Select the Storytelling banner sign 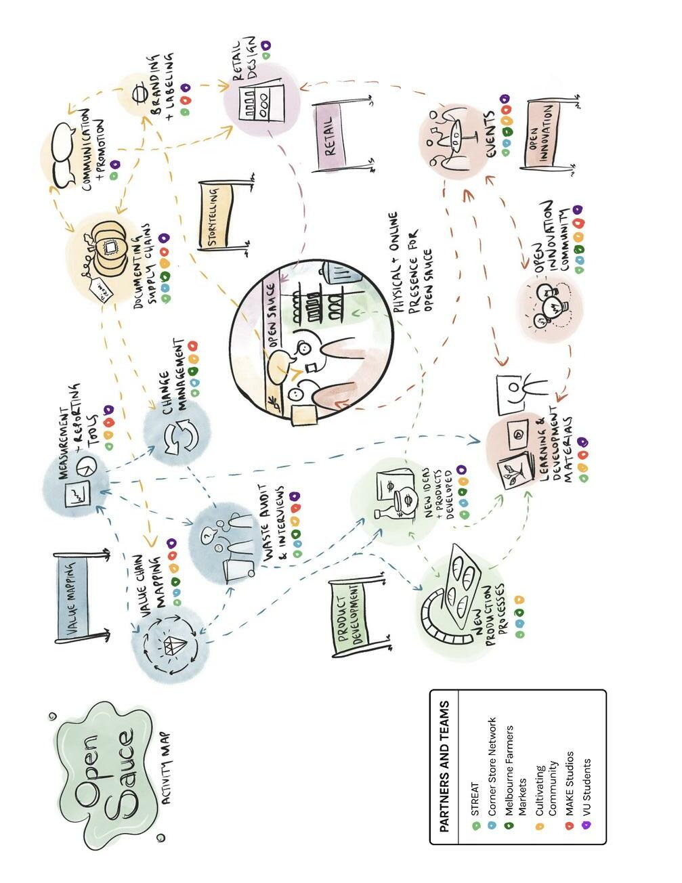pos(216,215)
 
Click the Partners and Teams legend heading pos(444,766)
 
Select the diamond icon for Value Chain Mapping pos(171,644)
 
